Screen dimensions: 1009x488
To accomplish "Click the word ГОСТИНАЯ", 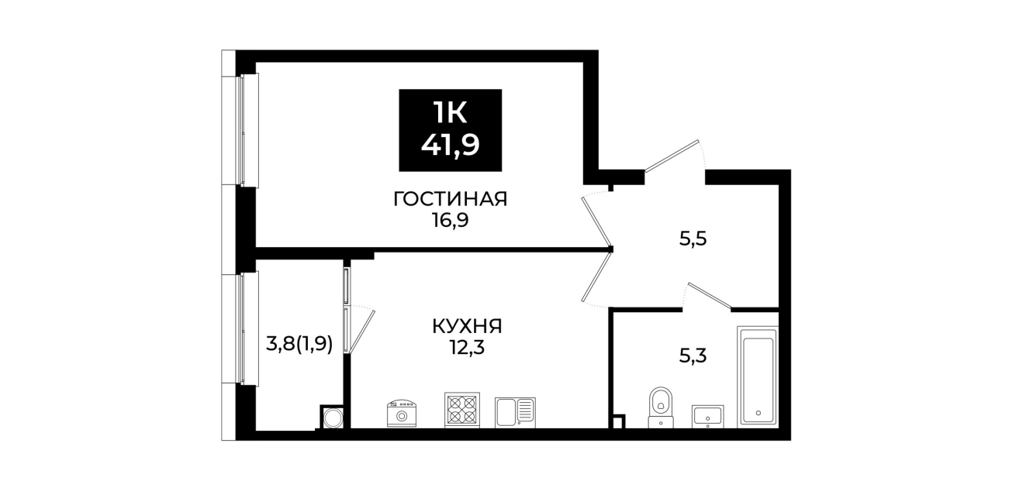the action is [x=451, y=199].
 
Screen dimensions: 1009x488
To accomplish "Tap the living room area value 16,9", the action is [x=451, y=221].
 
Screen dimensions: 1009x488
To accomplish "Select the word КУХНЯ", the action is [x=467, y=327].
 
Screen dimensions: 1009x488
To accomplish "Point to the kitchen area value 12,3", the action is [x=467, y=348].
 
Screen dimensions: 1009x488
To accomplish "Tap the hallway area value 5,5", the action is [x=693, y=239].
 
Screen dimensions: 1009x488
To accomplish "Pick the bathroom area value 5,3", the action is [x=693, y=356].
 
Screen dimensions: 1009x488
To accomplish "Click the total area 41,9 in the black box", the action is [x=451, y=146].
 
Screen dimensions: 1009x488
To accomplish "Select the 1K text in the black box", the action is [x=451, y=112].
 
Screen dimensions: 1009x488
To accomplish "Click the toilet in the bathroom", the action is [x=661, y=407].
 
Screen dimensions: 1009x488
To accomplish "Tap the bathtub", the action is [x=758, y=376].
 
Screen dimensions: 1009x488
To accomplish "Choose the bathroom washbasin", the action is [x=707, y=417].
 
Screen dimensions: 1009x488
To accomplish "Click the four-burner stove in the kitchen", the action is [x=462, y=410].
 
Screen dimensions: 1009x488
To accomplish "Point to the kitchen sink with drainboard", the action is [x=515, y=412].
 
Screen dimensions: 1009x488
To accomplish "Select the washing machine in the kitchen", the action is [x=401, y=414].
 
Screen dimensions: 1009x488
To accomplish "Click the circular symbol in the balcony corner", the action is [x=333, y=418].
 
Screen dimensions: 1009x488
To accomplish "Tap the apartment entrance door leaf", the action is [x=671, y=156].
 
